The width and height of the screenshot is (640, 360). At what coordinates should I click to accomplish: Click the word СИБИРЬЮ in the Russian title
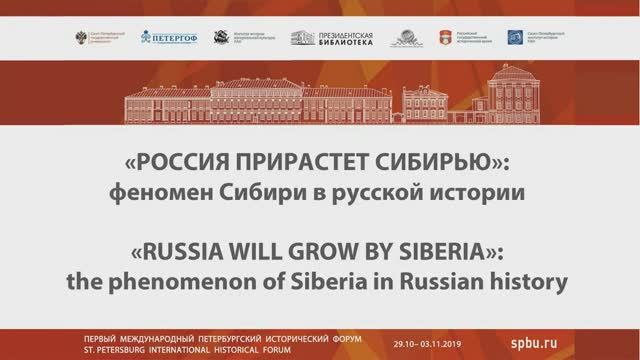(x=446, y=161)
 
